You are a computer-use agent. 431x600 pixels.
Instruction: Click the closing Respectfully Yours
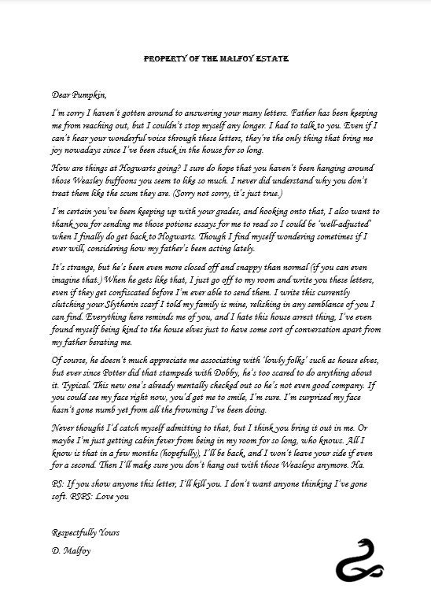point(87,534)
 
